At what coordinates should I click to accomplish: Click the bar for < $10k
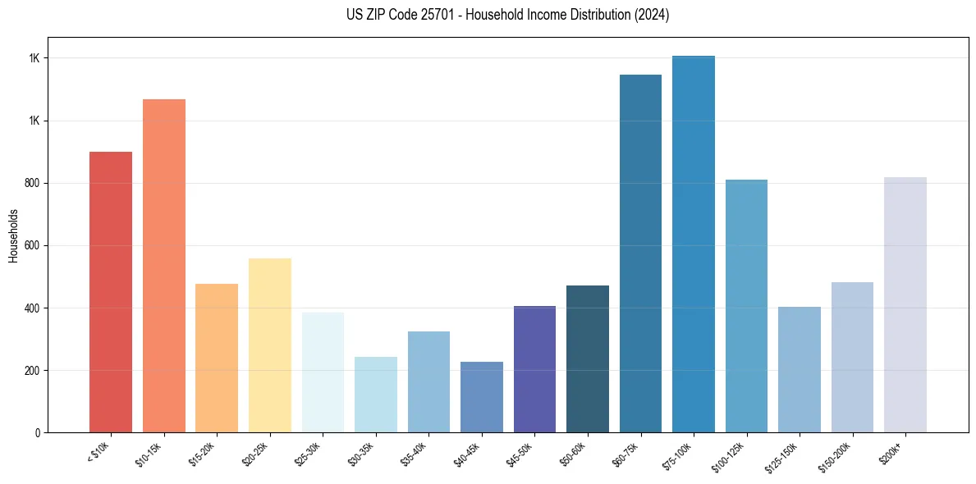click(x=111, y=292)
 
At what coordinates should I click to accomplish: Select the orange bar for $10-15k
click(x=164, y=266)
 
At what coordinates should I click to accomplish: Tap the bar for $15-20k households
click(x=217, y=358)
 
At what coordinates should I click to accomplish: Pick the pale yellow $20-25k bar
click(x=270, y=345)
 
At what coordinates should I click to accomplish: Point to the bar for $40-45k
click(x=482, y=397)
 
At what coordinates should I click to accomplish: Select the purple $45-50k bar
click(x=534, y=369)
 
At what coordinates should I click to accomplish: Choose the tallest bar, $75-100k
click(x=694, y=244)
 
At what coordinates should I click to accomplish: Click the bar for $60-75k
click(x=640, y=253)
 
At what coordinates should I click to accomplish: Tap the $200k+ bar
click(x=905, y=304)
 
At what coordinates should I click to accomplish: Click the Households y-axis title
click(x=13, y=235)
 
